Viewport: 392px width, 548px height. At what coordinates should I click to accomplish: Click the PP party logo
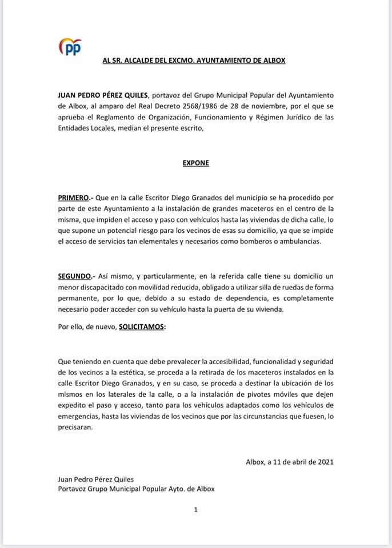pos(71,48)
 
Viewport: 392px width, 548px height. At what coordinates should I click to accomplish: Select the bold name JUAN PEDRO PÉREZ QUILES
pos(102,95)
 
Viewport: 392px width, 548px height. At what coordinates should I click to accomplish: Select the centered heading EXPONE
pos(195,163)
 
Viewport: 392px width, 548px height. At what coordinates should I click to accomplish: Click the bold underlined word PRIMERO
pos(73,198)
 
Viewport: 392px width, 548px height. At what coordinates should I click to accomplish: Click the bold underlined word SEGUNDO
pos(74,276)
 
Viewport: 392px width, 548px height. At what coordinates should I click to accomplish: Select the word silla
pos(262,287)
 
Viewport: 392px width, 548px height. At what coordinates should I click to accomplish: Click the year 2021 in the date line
pos(325,462)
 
